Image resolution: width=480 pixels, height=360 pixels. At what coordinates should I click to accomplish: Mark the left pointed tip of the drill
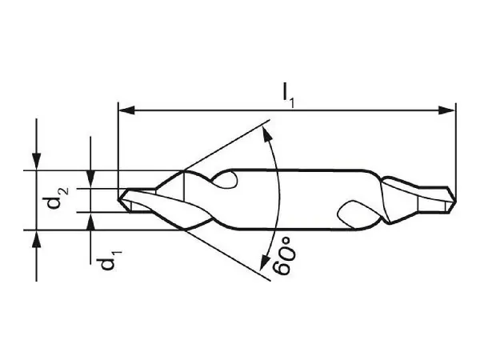(121, 198)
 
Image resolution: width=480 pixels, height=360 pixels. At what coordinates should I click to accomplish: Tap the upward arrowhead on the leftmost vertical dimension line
(36, 238)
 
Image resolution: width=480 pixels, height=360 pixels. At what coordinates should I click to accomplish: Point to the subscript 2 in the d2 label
(64, 190)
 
